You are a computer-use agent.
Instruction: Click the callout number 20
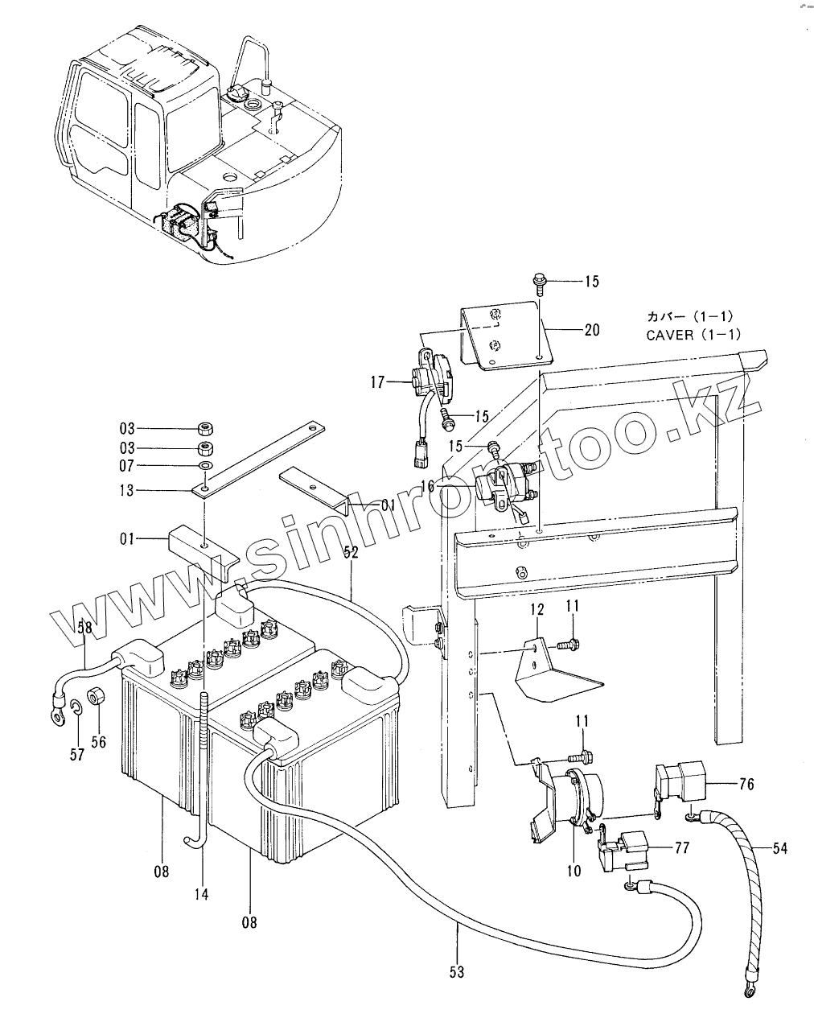592,330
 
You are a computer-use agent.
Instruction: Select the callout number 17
379,382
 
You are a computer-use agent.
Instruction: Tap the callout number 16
426,485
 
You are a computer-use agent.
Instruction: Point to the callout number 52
351,551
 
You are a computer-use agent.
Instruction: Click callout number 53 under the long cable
457,972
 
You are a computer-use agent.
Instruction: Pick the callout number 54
779,848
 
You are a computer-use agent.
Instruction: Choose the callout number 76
746,783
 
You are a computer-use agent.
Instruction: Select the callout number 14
201,893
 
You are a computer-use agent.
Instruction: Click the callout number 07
129,466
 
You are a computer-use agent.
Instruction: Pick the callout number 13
129,490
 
